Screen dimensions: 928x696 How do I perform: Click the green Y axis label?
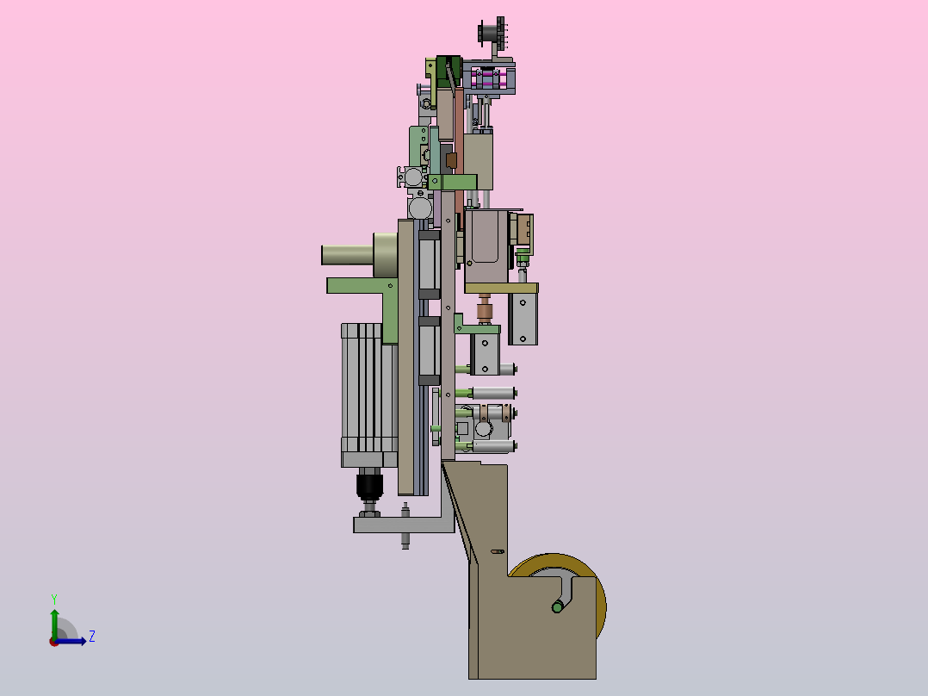[x=54, y=600]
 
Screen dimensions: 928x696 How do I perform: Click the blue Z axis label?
[x=92, y=637]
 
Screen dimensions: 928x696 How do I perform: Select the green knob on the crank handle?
[x=557, y=606]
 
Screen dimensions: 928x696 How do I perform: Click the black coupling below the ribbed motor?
[x=370, y=484]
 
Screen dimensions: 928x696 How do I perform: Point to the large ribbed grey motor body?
[x=369, y=395]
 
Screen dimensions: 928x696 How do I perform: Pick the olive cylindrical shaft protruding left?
[x=348, y=255]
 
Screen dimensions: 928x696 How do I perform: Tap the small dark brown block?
[x=451, y=160]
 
